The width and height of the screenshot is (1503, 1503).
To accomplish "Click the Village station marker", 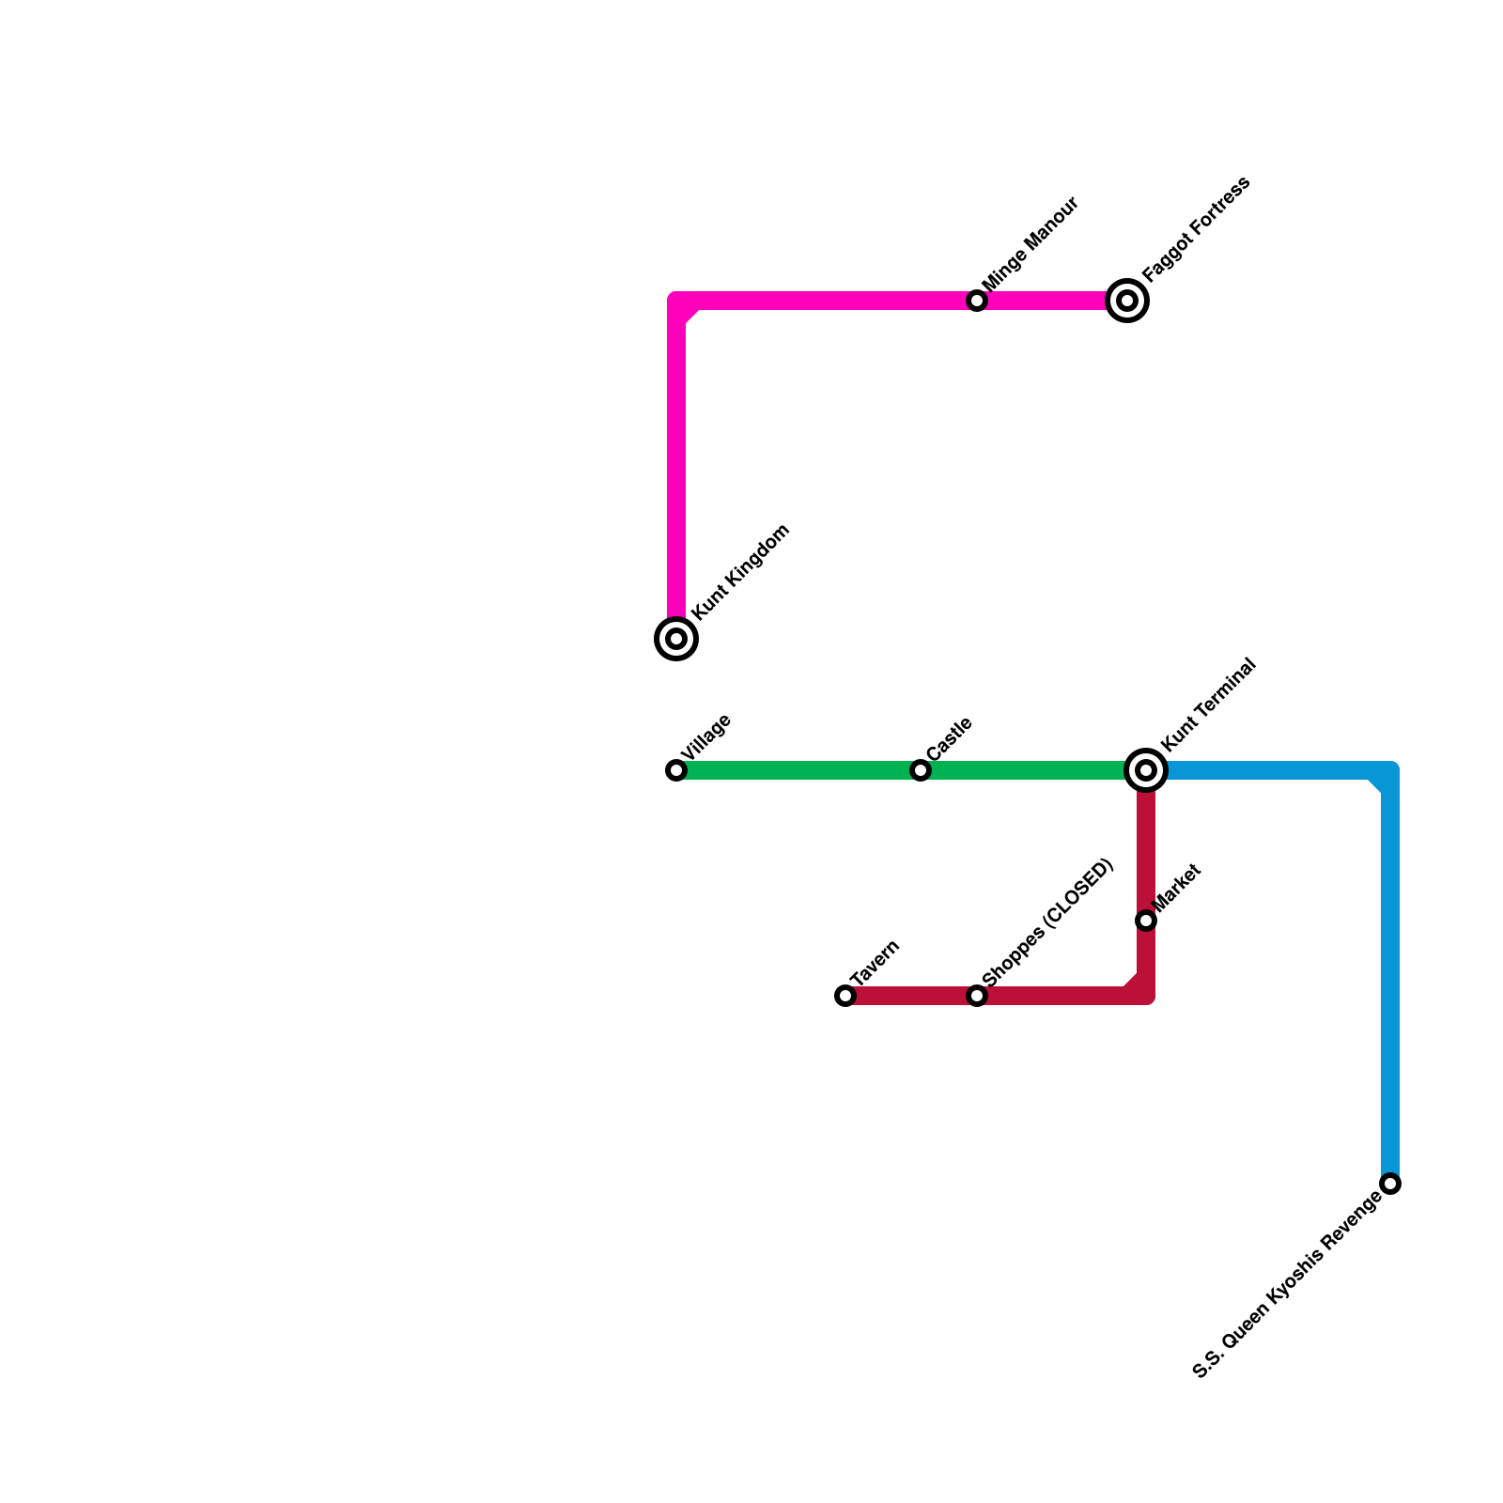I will click(x=676, y=770).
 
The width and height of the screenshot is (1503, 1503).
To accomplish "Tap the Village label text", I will click(x=706, y=737).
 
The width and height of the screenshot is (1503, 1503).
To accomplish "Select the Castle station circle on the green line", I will click(x=921, y=770).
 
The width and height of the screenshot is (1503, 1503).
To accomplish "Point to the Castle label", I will click(x=949, y=739).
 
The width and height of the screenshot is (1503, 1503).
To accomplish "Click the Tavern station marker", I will click(x=845, y=996).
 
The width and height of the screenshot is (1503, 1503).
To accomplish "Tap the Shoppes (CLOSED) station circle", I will click(x=977, y=996).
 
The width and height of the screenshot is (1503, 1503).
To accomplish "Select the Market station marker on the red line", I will click(x=1146, y=921).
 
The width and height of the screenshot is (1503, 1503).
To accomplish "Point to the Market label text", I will click(x=1176, y=888).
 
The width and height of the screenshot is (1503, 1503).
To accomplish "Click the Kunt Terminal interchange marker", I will click(x=1146, y=770).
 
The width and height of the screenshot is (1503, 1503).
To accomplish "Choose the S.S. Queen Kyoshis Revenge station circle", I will click(x=1390, y=1184).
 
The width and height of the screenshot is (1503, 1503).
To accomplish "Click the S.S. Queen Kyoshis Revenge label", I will click(x=1287, y=1284).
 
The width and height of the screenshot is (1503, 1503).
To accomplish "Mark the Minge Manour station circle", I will click(x=977, y=301).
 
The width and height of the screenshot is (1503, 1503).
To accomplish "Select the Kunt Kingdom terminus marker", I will click(x=676, y=639).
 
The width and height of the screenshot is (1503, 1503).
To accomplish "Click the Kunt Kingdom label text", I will click(x=740, y=572).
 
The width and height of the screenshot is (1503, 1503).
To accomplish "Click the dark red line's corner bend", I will click(x=1144, y=994).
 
